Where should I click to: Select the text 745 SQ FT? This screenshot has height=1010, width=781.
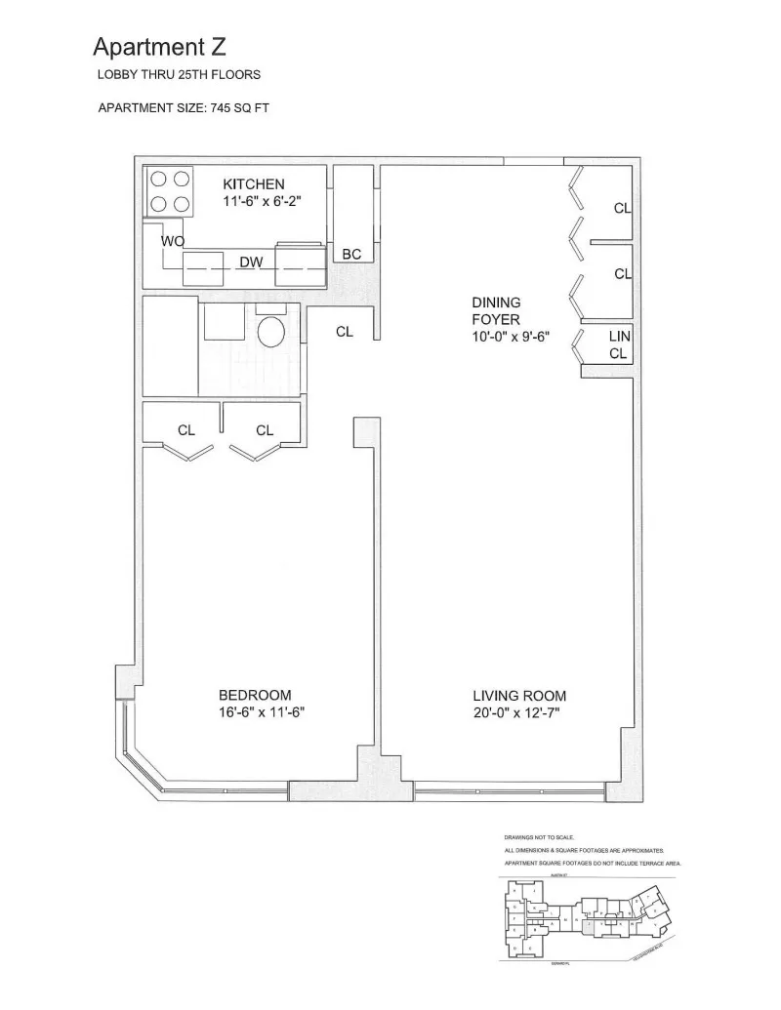coord(239,108)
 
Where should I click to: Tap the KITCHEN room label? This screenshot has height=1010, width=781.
coord(254,184)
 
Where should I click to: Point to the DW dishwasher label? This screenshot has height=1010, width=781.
coord(251,263)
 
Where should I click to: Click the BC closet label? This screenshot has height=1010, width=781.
coord(352,254)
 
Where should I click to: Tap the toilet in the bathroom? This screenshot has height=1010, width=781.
coord(270,331)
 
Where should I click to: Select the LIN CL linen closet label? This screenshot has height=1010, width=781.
coord(619,344)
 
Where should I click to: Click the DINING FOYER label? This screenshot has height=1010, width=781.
coord(496,311)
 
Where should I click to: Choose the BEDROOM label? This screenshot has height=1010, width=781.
coord(254,695)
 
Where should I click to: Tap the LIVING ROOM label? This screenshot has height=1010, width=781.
coord(519,696)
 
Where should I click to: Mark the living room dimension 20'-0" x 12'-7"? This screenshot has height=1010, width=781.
coord(519,714)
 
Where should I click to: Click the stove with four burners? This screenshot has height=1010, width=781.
coord(168,192)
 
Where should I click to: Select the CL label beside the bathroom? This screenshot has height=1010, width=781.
coord(344,332)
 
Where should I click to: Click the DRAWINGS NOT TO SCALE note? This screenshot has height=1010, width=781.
coord(540,838)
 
